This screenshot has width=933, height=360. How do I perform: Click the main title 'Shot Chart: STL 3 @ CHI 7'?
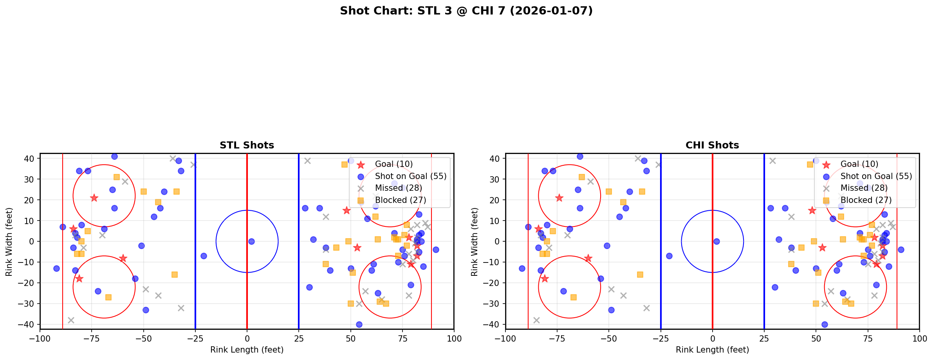point(466,11)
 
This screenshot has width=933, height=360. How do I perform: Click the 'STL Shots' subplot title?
point(247,145)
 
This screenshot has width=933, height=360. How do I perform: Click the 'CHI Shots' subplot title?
point(712,145)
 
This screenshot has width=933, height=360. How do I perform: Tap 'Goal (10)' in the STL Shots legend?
point(393,164)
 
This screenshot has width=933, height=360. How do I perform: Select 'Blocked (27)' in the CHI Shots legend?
point(866,200)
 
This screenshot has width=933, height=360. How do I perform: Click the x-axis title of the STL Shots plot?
point(247,350)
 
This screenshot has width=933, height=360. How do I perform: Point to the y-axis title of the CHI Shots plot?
point(475,241)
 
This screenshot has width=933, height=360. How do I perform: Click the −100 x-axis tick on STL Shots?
point(40,338)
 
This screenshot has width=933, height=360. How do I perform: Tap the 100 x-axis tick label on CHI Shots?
point(919,338)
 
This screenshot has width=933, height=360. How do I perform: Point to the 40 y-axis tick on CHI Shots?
point(497,159)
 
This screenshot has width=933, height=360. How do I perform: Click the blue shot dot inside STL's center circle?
point(251,241)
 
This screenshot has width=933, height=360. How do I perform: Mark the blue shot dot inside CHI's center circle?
point(716,241)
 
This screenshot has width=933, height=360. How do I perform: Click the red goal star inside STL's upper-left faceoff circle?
point(94,198)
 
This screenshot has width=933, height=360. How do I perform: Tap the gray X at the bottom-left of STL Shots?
point(71,320)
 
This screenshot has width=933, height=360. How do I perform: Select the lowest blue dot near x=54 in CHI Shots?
point(824,324)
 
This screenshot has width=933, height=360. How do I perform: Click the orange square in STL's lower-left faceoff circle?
point(108,297)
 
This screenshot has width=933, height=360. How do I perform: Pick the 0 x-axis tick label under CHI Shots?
point(712,338)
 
